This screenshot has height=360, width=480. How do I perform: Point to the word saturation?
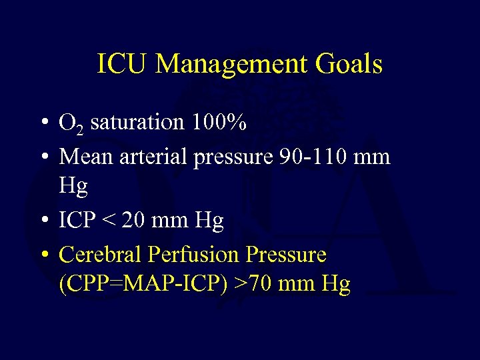(137, 123)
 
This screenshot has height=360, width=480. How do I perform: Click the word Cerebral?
(100, 254)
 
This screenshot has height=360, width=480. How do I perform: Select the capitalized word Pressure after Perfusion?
(287, 254)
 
